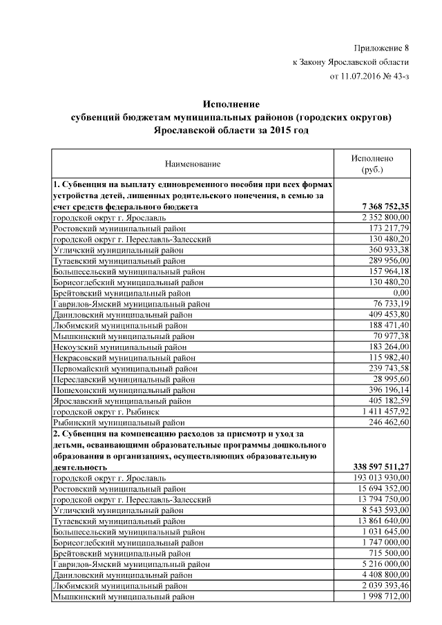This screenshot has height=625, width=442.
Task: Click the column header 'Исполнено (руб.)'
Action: click(372, 164)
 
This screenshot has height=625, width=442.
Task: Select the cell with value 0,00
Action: click(400, 293)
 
